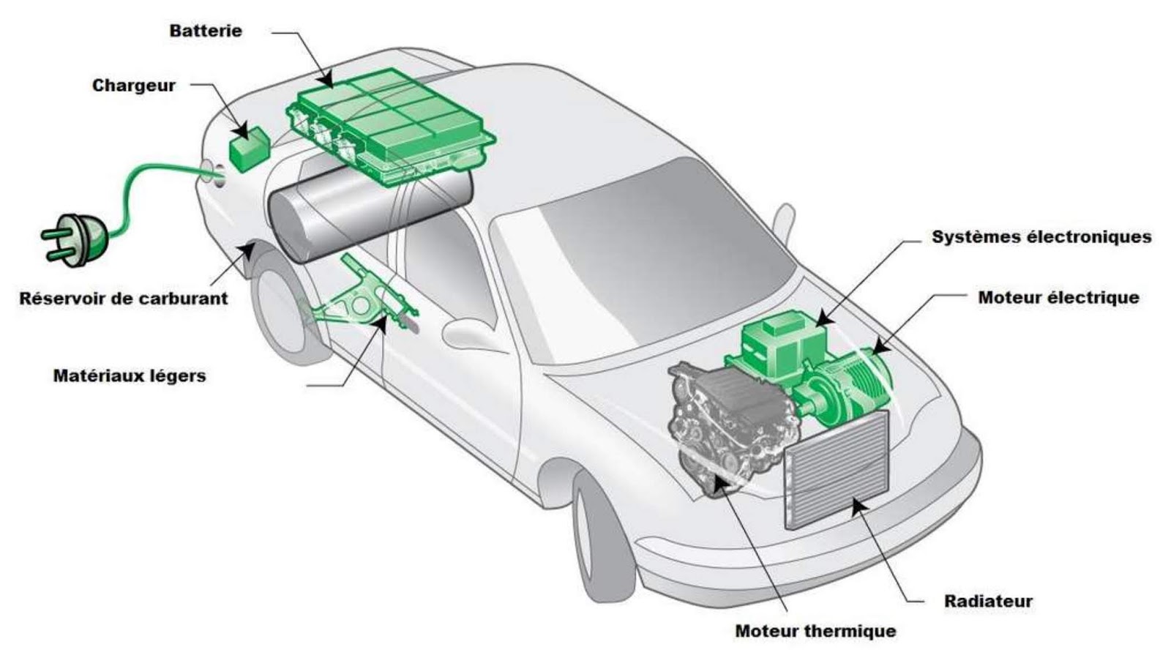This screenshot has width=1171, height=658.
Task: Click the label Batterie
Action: click(x=205, y=31)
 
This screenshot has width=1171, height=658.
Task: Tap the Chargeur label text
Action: click(x=134, y=86)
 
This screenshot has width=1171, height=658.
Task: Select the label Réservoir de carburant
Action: click(x=123, y=299)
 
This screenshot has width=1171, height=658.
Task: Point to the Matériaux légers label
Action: click(x=130, y=376)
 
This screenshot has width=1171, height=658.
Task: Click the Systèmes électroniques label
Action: click(x=1041, y=237)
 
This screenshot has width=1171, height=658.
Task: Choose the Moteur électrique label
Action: click(x=1058, y=298)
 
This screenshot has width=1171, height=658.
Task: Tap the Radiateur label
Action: click(x=988, y=602)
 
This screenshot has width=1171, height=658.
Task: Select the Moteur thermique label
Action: click(x=815, y=631)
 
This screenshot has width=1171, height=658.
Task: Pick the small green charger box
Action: click(x=249, y=149)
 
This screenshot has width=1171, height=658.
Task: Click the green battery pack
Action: click(x=388, y=124)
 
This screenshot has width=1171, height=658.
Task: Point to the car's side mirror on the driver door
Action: click(x=468, y=334)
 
